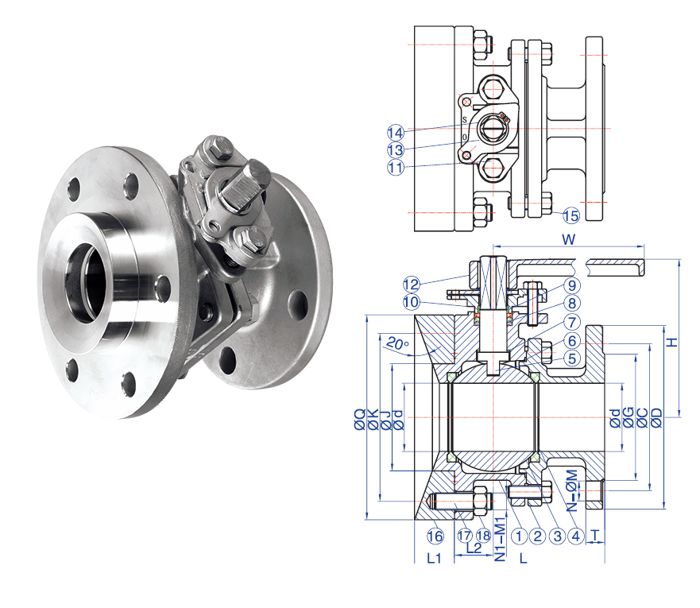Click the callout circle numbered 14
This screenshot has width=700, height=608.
tap(396, 133)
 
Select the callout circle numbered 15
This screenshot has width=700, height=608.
tap(571, 215)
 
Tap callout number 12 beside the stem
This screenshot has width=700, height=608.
tap(411, 285)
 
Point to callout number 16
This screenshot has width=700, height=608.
tap(435, 536)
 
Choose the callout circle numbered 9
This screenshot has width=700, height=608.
tap(572, 285)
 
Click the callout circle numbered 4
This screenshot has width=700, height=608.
tap(576, 536)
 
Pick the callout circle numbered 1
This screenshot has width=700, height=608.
tap(519, 536)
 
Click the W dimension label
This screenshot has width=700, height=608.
tap(569, 239)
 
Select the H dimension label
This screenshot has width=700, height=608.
tap(672, 343)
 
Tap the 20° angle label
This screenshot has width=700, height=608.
tap(397, 344)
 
